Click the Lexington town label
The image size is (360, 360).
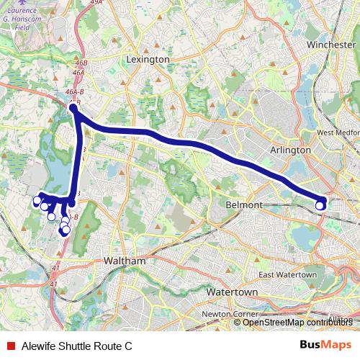(x=148, y=59)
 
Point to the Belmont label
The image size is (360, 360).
(x=243, y=205)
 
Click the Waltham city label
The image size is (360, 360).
(x=125, y=261)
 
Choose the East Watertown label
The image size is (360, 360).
(x=288, y=274)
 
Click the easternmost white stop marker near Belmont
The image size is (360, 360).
(x=320, y=205)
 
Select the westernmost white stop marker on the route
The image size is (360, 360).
(x=37, y=201)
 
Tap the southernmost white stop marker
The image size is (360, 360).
(x=66, y=230)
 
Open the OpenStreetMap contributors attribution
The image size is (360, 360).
(x=297, y=322)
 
